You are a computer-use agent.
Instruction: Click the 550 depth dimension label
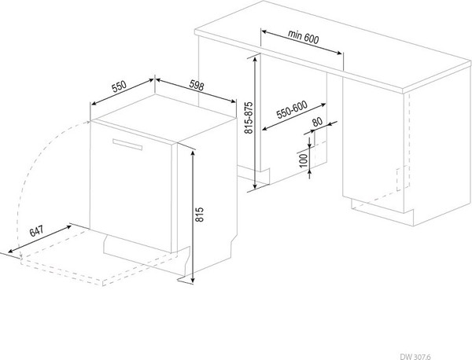(119, 86)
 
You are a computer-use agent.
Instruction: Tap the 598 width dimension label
(197, 86)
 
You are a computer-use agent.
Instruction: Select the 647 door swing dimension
(36, 231)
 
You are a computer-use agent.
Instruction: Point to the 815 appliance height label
(199, 215)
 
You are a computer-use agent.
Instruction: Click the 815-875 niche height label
(249, 118)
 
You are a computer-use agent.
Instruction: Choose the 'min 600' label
(303, 37)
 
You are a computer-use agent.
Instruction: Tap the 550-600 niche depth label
(292, 109)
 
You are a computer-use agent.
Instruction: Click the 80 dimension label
(317, 122)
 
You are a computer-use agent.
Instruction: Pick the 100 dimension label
(304, 160)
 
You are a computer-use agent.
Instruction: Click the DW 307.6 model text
(415, 357)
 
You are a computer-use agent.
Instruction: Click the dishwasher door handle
(127, 144)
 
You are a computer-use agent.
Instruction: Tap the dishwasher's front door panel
(131, 186)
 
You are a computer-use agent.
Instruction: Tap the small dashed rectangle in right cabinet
(403, 178)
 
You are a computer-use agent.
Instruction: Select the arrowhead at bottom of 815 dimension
(193, 280)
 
